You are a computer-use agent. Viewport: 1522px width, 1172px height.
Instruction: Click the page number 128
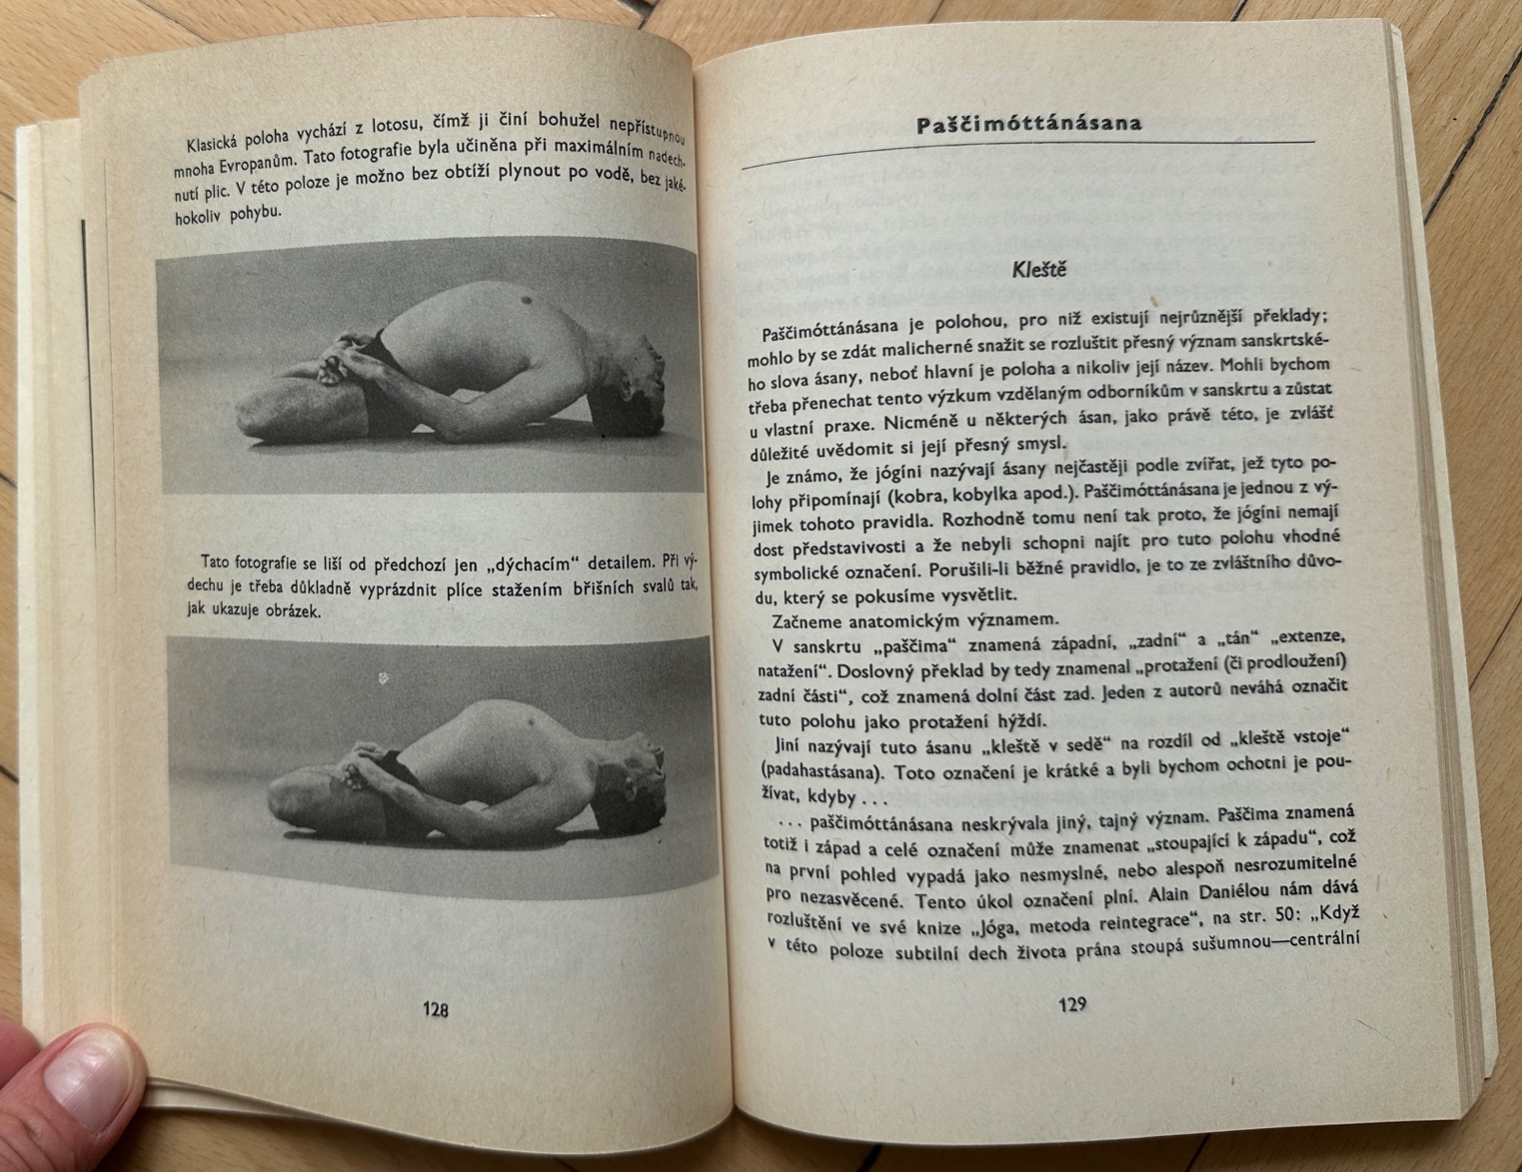(x=435, y=1010)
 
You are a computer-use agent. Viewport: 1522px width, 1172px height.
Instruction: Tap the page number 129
(x=1071, y=1004)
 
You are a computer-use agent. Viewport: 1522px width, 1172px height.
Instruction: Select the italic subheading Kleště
(x=1039, y=268)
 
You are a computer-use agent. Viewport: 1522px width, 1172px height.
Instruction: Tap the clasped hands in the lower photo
(x=362, y=765)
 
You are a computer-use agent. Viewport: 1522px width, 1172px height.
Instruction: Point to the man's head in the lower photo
(x=634, y=779)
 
